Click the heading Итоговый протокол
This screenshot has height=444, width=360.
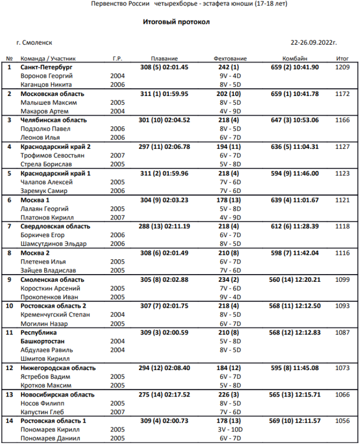tap(176, 22)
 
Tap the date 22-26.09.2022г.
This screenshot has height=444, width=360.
tap(314, 43)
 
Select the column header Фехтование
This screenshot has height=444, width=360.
tap(230, 59)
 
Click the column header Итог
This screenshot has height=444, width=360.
tap(343, 59)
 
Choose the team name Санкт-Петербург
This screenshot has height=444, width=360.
tap(47, 67)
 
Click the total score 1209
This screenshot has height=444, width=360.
tap(343, 67)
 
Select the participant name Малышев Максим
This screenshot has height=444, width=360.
tap(49, 103)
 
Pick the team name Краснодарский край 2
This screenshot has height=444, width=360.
tap(55, 146)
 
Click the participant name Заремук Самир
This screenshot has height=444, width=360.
tap(44, 191)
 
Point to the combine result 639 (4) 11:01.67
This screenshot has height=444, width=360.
tap(295, 200)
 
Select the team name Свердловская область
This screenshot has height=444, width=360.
tap(55, 226)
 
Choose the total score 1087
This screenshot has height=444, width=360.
tap(343, 333)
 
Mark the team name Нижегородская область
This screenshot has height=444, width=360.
tap(58, 368)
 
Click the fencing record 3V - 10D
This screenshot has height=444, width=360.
tap(230, 430)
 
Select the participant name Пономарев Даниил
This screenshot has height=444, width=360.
tap(50, 438)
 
